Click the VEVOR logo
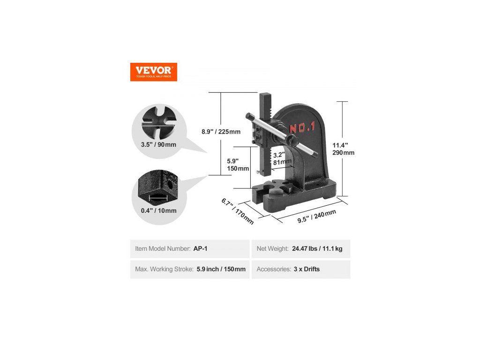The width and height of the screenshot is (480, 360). [x=153, y=72]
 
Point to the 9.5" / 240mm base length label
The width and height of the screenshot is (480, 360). [x=317, y=217]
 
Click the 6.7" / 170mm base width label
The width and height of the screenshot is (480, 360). [x=237, y=210]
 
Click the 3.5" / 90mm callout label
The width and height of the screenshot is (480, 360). [x=158, y=144]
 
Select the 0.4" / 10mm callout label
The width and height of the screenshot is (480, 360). [x=158, y=210]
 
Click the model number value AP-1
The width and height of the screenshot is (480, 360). [x=200, y=249]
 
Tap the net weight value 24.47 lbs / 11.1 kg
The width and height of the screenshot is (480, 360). [x=317, y=249]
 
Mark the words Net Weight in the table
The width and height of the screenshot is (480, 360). [x=272, y=249]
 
